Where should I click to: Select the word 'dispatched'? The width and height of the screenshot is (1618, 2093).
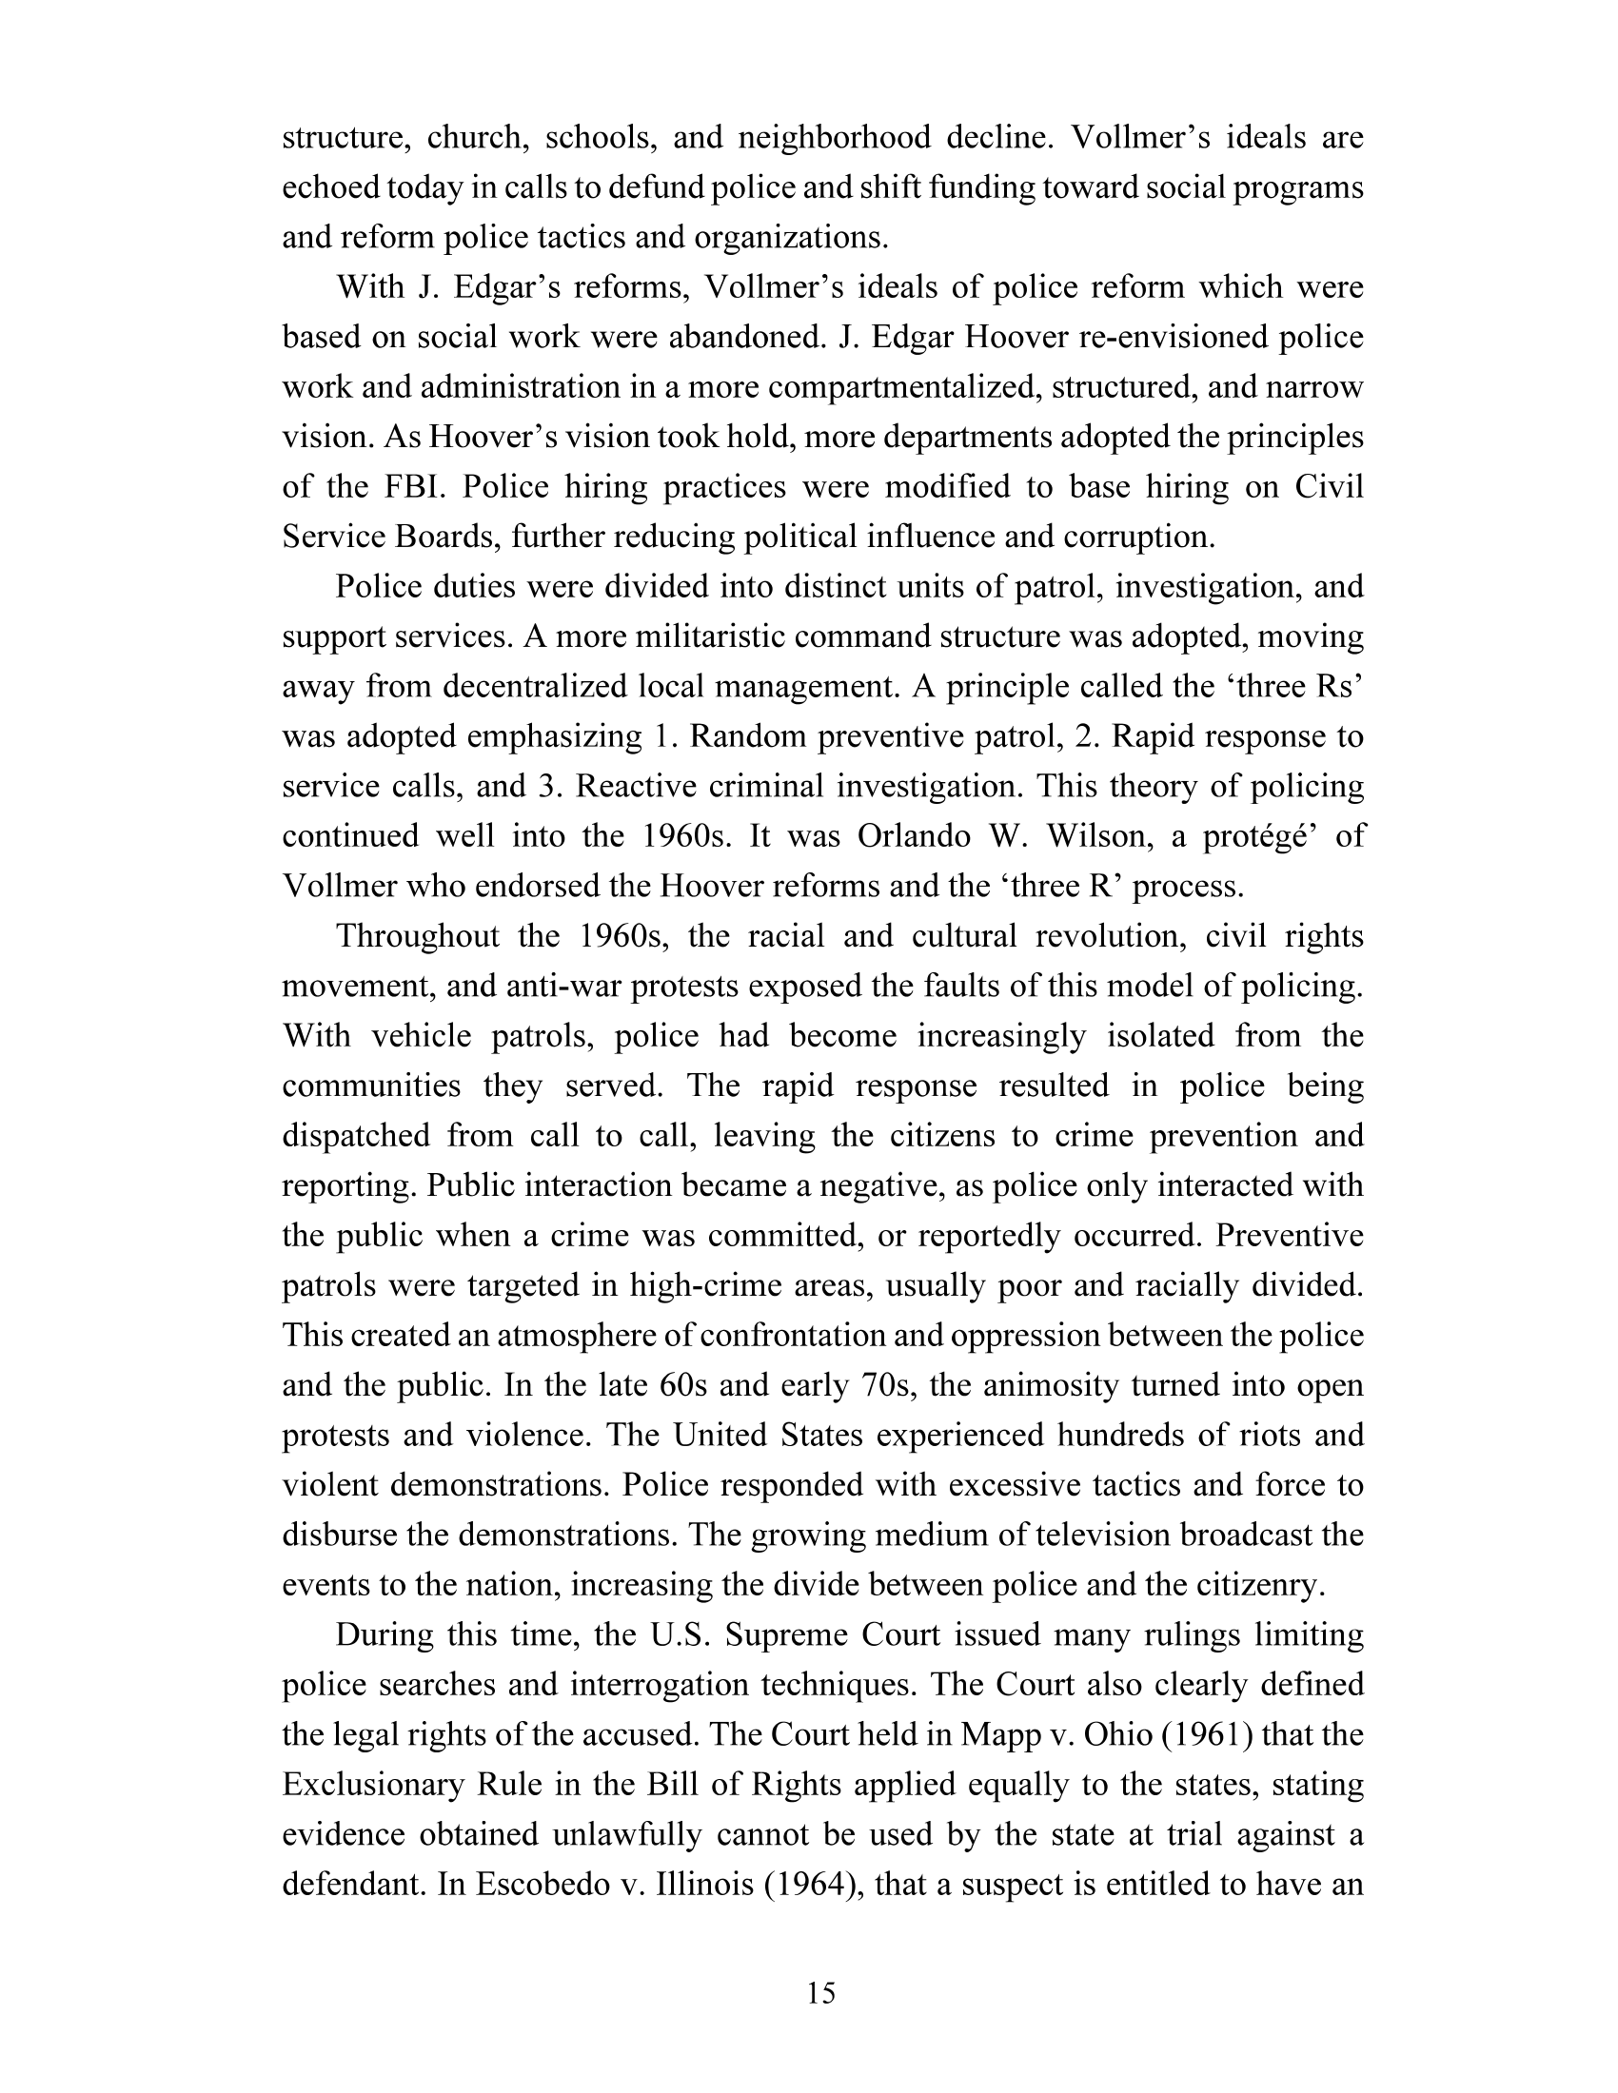356,1135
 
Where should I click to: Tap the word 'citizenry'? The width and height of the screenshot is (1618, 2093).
1255,1583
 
